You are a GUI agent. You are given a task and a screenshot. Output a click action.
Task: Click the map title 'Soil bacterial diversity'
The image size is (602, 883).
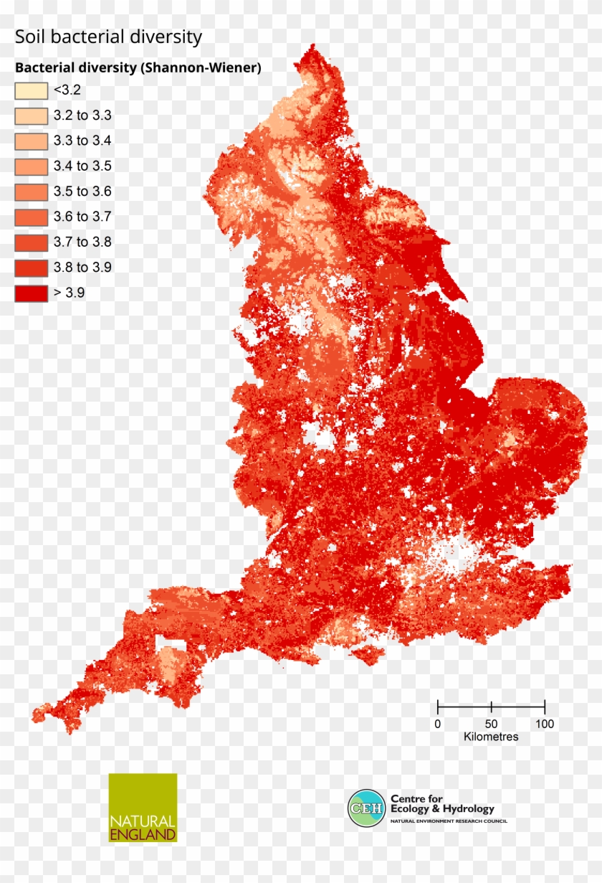click(109, 37)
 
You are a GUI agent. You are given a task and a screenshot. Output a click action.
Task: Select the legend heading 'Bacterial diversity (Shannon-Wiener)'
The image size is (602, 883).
click(138, 68)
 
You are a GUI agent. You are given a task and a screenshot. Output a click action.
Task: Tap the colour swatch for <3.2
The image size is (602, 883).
click(31, 90)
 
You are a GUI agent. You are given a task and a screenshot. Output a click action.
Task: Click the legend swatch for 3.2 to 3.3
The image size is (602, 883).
click(31, 115)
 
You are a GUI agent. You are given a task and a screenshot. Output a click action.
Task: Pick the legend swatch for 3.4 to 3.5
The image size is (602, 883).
click(31, 166)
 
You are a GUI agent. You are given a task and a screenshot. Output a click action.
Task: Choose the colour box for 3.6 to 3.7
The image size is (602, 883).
click(31, 217)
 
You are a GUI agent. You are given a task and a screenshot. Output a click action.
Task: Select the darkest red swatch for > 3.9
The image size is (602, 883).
click(31, 293)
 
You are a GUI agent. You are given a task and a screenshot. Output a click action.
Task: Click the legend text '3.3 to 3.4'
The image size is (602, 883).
click(82, 141)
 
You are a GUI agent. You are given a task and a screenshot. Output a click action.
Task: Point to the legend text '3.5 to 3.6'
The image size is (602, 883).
click(82, 192)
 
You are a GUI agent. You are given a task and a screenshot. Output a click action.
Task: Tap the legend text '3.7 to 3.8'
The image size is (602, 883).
click(82, 242)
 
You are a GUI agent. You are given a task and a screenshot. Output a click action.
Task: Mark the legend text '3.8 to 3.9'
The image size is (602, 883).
click(82, 268)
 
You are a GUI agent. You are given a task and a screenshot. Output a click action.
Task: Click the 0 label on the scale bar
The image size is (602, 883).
click(438, 724)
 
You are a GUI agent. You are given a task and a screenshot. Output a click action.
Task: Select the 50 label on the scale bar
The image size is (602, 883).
click(491, 724)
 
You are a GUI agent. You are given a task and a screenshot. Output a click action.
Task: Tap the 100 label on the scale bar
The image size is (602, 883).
click(545, 724)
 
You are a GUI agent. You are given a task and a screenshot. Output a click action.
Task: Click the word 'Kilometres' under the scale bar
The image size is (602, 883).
click(491, 737)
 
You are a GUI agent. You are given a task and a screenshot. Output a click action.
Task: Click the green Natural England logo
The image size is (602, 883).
click(143, 807)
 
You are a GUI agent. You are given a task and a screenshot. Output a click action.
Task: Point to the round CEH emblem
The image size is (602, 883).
click(366, 808)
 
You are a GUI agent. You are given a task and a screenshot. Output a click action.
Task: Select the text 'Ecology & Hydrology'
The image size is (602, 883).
click(442, 809)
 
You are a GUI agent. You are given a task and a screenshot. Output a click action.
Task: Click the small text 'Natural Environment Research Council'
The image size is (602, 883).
click(448, 821)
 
